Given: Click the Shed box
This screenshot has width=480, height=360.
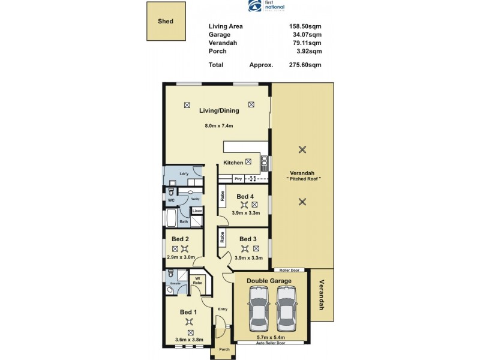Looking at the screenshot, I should tap(166, 21).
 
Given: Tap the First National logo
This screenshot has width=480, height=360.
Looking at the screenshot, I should tap(267, 7).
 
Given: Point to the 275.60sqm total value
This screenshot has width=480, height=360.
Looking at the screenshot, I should tap(305, 65).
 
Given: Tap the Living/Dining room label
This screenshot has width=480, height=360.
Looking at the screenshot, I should tap(219, 110).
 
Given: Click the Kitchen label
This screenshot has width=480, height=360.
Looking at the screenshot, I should tap(233, 163).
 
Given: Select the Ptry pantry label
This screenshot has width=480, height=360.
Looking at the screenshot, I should tap(238, 179).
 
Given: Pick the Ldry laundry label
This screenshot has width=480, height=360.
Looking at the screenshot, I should tap(177, 174).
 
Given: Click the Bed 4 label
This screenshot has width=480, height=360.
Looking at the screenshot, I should tap(245, 197).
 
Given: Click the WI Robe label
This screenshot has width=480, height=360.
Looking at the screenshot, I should tap(197, 280).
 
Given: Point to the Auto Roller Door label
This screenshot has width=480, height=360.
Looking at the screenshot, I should tap(270, 343).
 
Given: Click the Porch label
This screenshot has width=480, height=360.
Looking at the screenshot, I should tap(224, 349).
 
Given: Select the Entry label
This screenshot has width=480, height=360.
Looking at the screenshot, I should tap(223, 309).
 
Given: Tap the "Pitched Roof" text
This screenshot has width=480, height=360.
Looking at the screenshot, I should tap(304, 179).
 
